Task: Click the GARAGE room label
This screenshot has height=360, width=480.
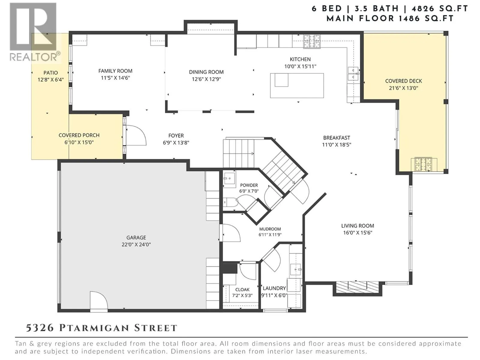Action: [136, 237]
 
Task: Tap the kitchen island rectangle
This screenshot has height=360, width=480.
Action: [297, 85]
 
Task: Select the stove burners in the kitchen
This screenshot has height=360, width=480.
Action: [311, 41]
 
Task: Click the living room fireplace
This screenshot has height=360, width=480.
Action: [357, 287]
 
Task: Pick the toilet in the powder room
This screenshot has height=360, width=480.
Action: [230, 202]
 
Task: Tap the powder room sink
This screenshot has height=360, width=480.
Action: [229, 178]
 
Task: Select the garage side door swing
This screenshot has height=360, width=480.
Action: [99, 300]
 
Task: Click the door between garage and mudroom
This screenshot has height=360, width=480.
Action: [231, 232]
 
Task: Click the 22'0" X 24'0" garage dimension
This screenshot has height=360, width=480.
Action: [136, 244]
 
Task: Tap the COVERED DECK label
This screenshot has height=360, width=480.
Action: [403, 81]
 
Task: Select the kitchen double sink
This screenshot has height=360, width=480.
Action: [353, 74]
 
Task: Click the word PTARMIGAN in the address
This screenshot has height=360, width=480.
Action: [94, 328]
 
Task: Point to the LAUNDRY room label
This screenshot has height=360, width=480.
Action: [274, 288]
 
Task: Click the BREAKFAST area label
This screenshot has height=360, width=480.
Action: [337, 138]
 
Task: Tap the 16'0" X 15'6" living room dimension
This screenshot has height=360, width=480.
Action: [358, 232]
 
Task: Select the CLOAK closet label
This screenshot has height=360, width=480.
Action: [242, 289]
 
